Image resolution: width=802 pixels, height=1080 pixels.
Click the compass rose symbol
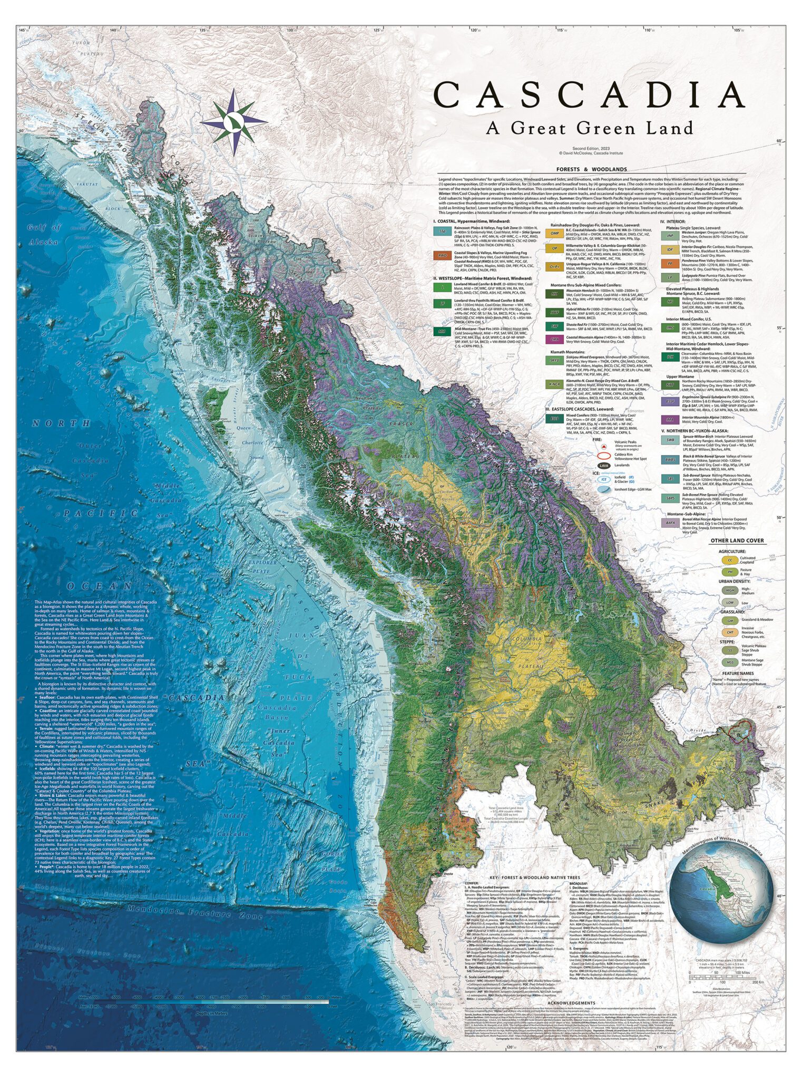click(x=233, y=121)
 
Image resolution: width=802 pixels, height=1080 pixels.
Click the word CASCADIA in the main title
click(x=589, y=95)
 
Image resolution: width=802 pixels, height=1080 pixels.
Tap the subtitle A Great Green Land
click(x=589, y=128)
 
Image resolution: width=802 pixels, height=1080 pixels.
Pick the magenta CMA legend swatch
click(x=554, y=340)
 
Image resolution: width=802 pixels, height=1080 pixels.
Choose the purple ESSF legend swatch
click(x=670, y=401)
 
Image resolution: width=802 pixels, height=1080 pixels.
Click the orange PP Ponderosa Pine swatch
click(x=670, y=263)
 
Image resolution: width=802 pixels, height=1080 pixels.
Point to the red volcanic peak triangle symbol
click(x=602, y=446)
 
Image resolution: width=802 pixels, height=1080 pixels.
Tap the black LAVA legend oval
click(x=604, y=466)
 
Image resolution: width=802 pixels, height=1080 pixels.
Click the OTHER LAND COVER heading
click(x=737, y=541)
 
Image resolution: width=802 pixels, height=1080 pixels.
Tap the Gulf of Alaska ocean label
click(x=44, y=234)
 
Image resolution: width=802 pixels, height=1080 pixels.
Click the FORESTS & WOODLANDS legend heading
click(x=592, y=169)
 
